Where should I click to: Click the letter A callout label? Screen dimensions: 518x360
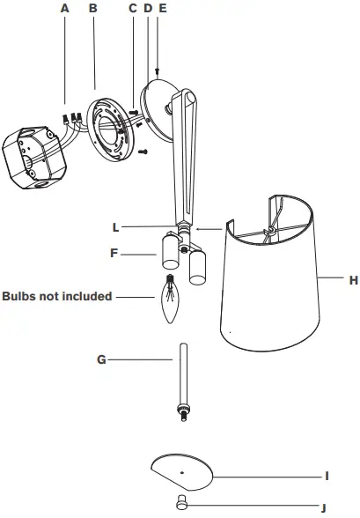(64, 8)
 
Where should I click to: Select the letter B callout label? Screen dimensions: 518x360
(92, 8)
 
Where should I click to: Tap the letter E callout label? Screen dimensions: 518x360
(161, 8)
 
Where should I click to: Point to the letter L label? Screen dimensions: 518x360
(115, 226)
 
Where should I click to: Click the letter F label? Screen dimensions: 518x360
(115, 253)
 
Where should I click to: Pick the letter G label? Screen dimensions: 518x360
(102, 359)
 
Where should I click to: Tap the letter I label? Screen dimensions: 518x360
(327, 476)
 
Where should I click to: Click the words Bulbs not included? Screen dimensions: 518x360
(57, 296)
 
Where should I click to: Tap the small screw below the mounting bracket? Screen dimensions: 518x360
(143, 152)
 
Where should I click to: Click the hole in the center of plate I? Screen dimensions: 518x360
(181, 473)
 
